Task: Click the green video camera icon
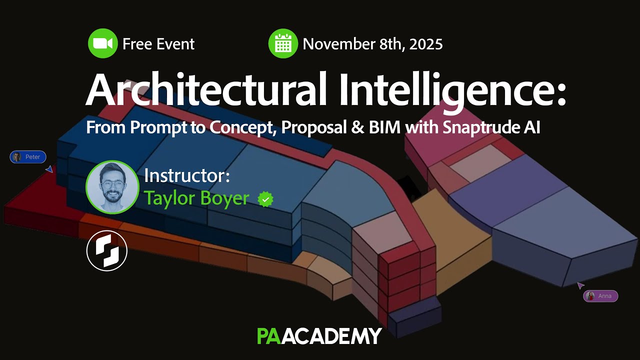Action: click(102, 44)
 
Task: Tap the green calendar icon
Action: click(283, 44)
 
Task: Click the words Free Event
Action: click(158, 44)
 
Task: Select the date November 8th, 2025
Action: click(372, 44)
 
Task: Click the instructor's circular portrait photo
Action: click(112, 187)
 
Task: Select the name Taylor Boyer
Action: click(196, 198)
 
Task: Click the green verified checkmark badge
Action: click(265, 199)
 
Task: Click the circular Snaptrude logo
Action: click(107, 250)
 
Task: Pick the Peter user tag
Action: click(28, 157)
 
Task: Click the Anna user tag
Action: click(600, 296)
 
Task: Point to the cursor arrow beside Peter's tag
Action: click(49, 169)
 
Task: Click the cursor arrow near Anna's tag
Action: click(580, 285)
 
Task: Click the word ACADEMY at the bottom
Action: click(335, 336)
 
